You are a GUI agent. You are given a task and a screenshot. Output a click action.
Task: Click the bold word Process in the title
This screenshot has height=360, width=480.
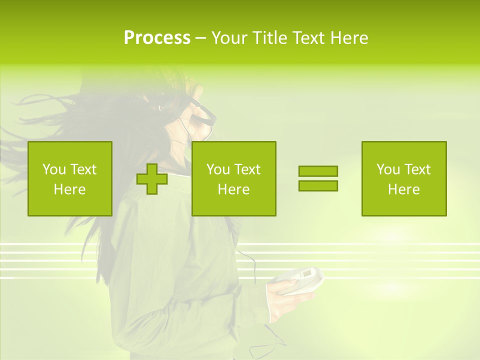[x=157, y=38]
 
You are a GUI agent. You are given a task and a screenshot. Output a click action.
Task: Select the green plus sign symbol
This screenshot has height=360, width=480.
[x=152, y=179]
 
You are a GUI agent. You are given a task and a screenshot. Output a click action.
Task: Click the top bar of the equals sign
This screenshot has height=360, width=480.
[x=318, y=171]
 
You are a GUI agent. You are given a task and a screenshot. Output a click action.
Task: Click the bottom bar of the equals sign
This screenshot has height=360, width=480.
[x=318, y=186]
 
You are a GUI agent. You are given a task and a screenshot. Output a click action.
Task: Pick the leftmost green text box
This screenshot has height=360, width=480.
[x=70, y=178]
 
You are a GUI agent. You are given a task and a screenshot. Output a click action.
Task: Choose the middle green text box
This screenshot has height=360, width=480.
[x=233, y=178]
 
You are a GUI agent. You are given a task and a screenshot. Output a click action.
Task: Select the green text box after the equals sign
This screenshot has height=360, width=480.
[x=404, y=178]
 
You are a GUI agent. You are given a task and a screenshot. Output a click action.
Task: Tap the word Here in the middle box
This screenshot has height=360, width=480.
[x=233, y=189]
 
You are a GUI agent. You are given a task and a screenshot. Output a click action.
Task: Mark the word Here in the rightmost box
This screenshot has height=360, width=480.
[x=404, y=189]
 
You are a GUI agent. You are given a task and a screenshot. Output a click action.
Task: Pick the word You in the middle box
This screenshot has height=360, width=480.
[x=218, y=169]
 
